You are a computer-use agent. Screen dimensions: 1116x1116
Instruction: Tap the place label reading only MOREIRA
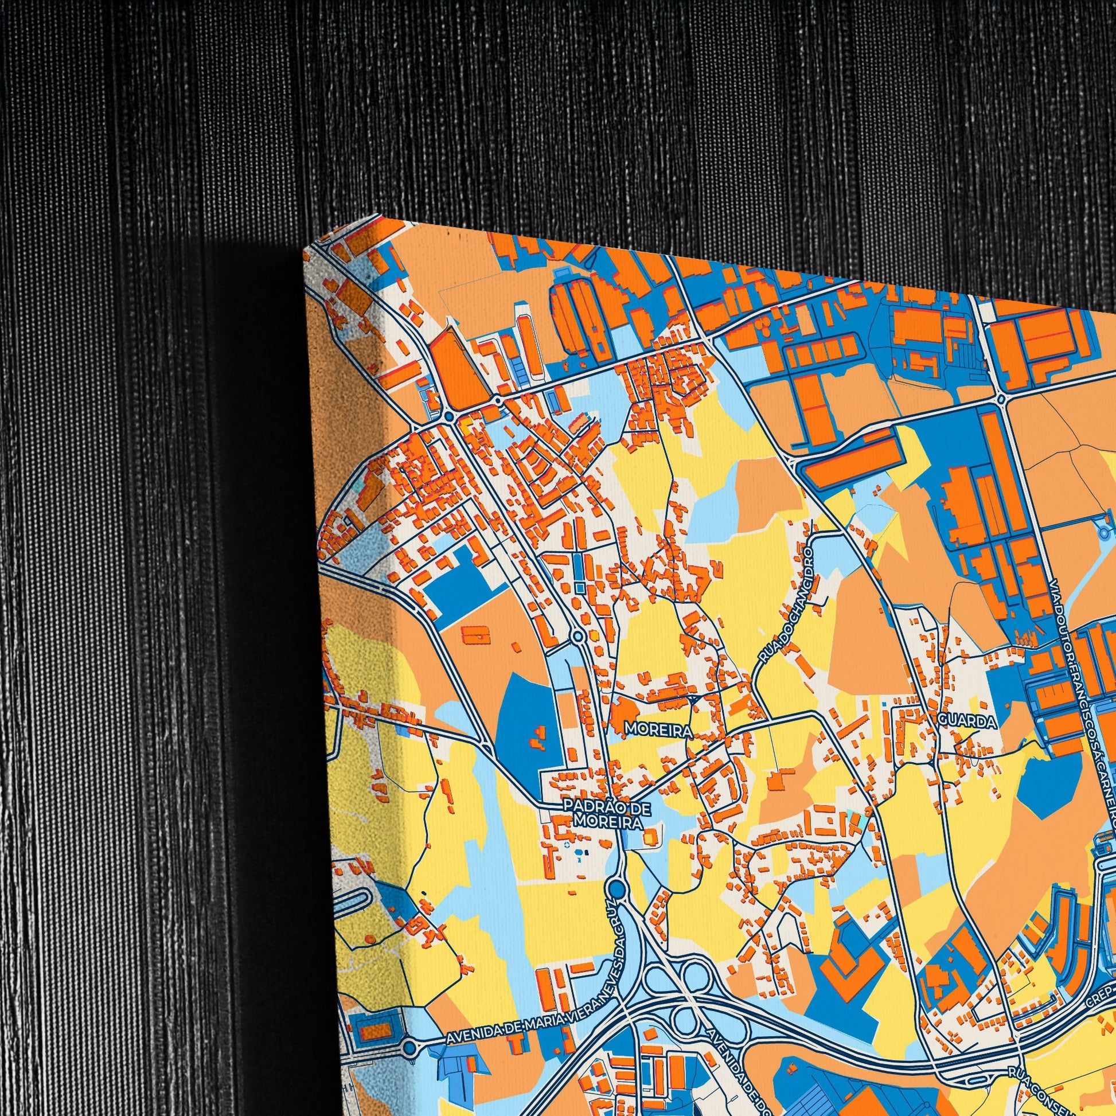click(x=658, y=731)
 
